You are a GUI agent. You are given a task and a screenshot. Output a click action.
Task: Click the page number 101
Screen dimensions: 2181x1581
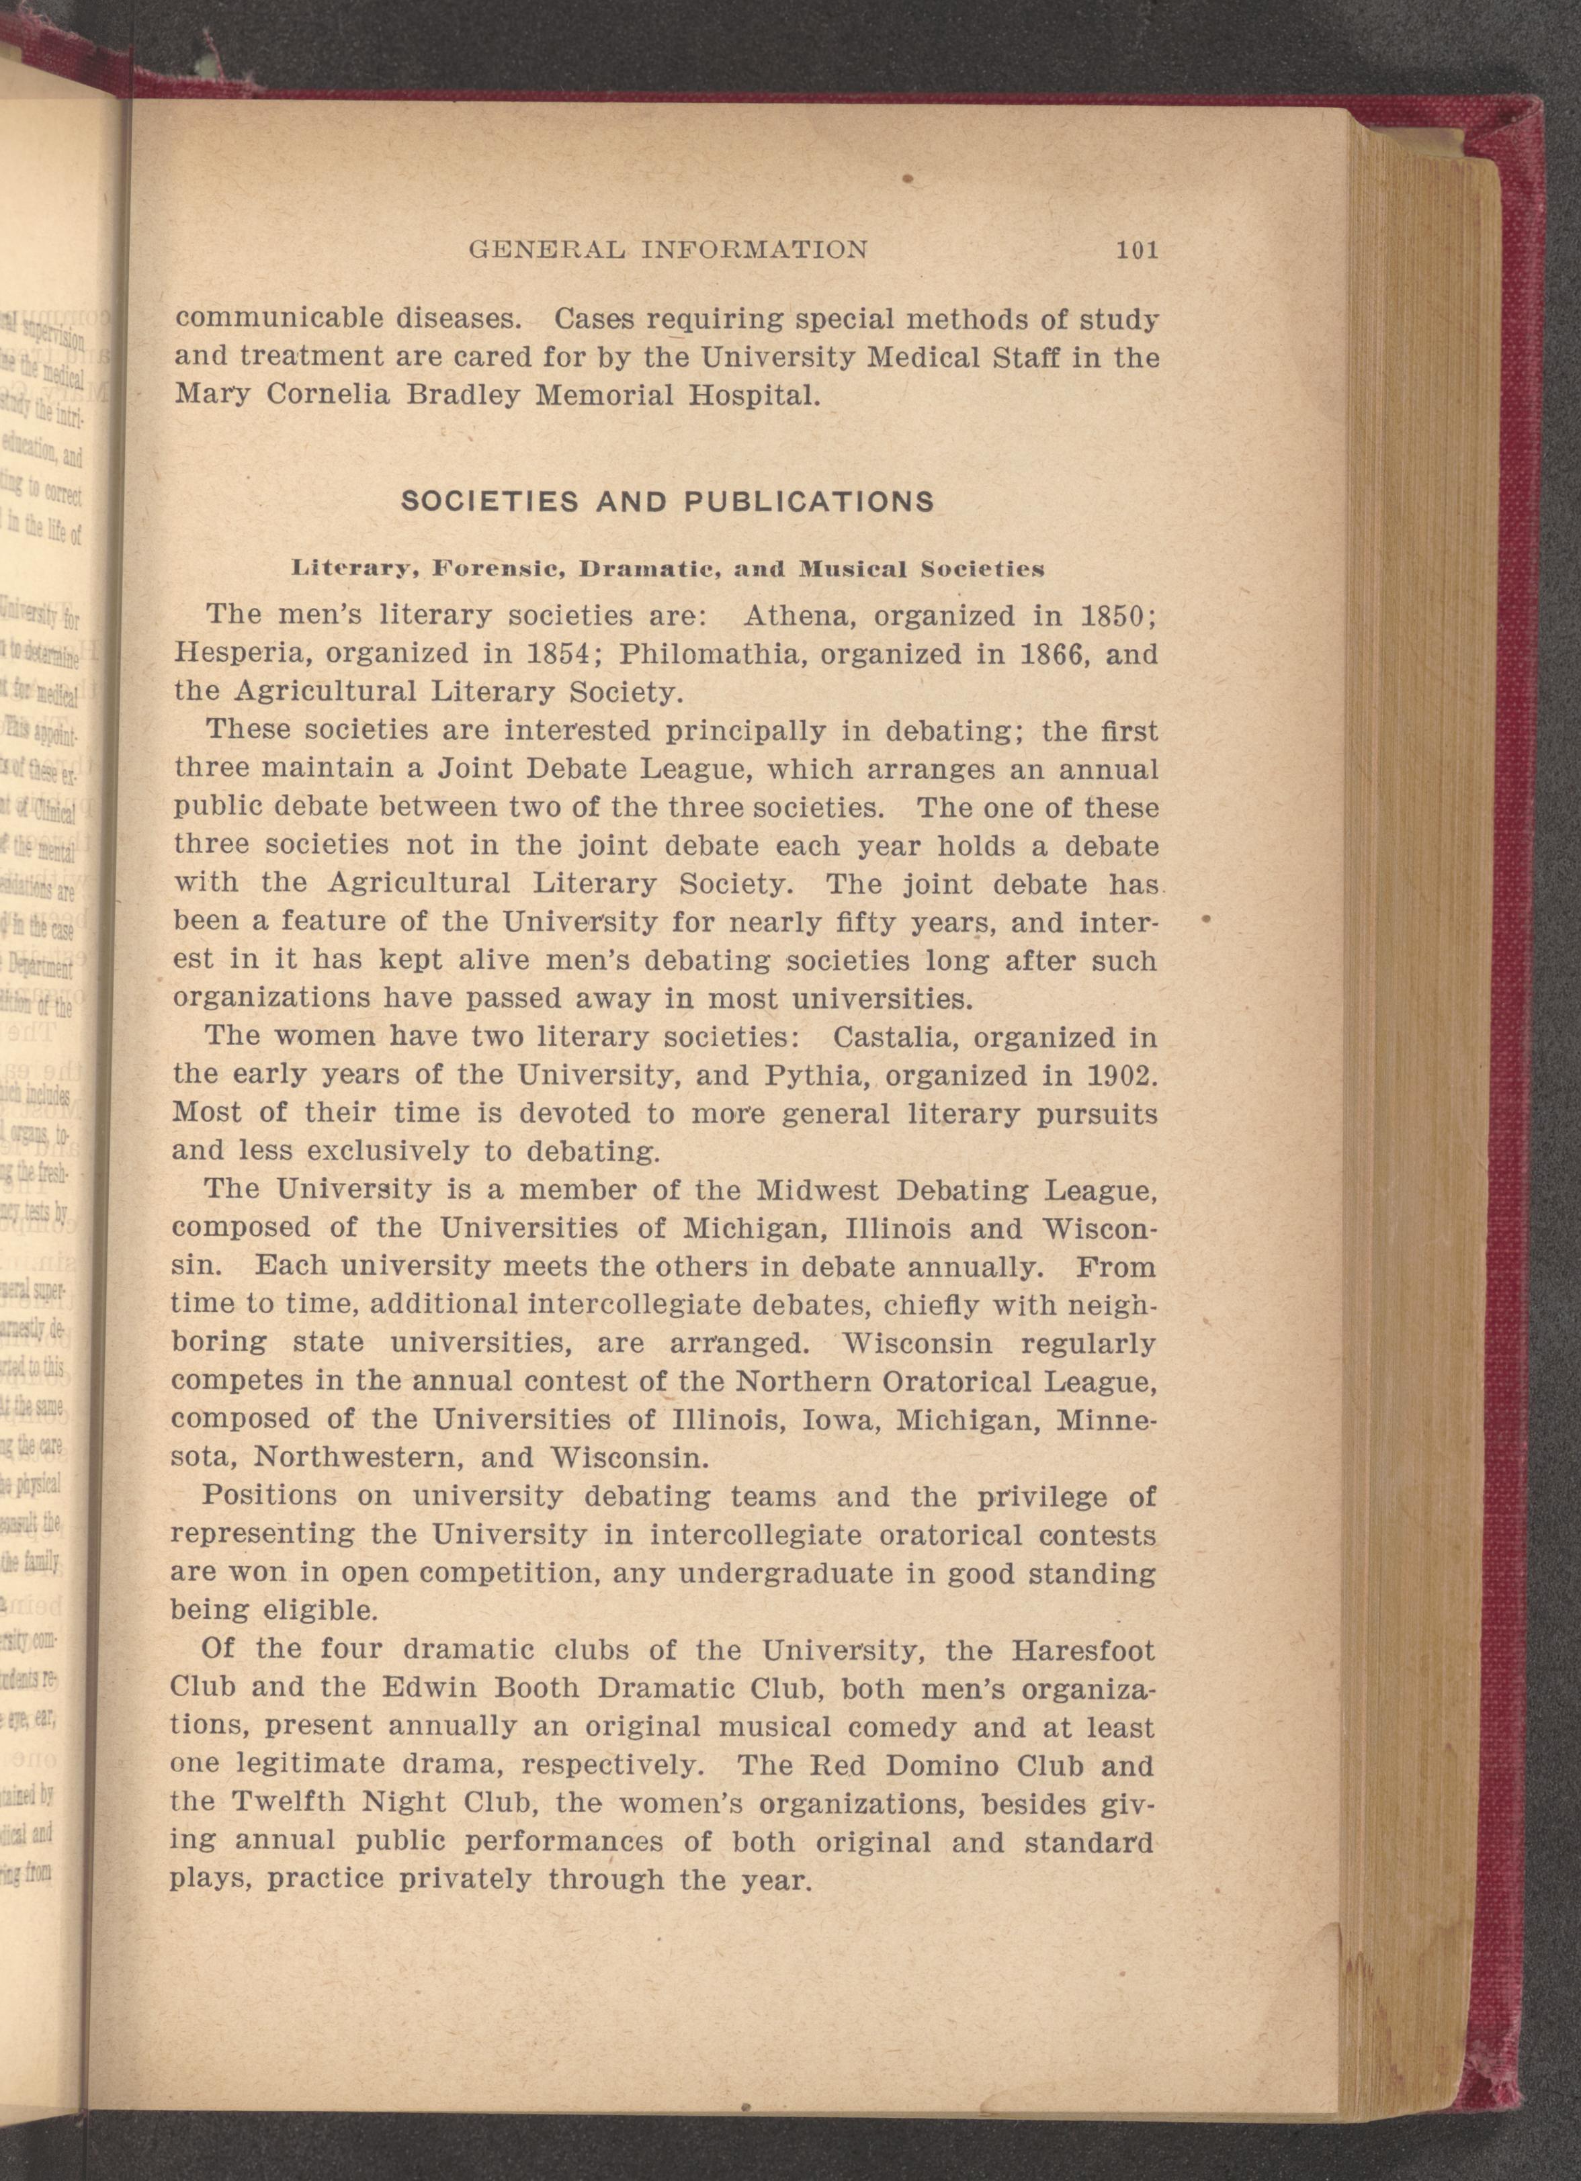pyautogui.click(x=1138, y=251)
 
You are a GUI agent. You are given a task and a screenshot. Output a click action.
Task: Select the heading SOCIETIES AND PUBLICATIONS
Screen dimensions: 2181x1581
pyautogui.click(x=667, y=502)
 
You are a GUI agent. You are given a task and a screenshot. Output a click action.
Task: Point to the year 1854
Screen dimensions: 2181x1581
pyautogui.click(x=558, y=654)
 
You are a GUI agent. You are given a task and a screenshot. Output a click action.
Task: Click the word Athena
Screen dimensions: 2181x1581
pyautogui.click(x=796, y=615)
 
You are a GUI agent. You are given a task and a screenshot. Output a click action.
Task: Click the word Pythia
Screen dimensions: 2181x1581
pyautogui.click(x=818, y=1074)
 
